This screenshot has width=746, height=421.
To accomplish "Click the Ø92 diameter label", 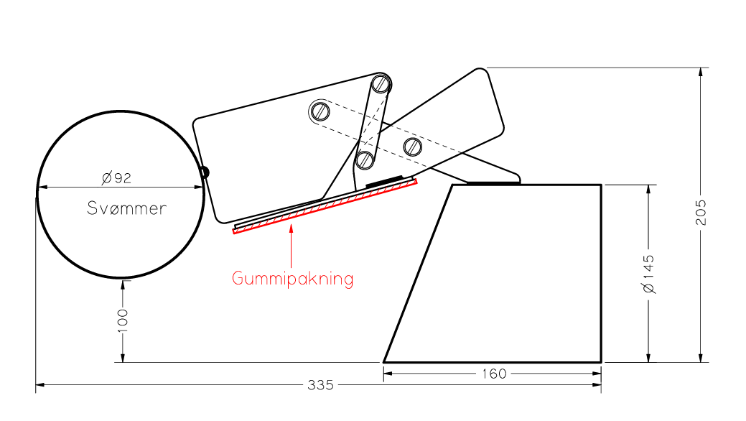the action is tap(116, 177).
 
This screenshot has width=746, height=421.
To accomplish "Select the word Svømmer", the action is tap(126, 208).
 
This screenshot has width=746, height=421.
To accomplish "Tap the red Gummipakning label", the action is tap(293, 279).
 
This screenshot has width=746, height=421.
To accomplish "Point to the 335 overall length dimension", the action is tap(320, 385).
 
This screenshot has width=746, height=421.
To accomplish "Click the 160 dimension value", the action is tap(494, 374).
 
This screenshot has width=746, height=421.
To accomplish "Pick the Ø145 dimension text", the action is tap(648, 274).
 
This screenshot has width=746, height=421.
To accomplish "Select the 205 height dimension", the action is tap(701, 213).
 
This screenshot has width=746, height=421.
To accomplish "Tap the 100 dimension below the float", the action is tap(123, 320).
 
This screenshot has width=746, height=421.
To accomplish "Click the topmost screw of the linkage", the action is tap(381, 84).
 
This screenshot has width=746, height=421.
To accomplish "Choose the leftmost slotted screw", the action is tap(320, 111).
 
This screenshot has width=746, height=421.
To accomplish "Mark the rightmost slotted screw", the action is tap(412, 147).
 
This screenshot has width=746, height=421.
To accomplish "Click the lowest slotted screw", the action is tap(365, 159).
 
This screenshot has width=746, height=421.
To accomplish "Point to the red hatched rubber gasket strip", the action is tap(325, 206).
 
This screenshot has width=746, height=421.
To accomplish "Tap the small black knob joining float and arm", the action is tap(205, 172).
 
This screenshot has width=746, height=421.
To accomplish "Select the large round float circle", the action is tap(121, 194).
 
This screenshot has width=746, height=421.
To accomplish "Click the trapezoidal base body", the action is tap(493, 274).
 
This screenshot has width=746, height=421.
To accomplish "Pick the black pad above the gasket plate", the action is tap(384, 181).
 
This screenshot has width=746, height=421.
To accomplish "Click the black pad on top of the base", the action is tap(493, 182).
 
